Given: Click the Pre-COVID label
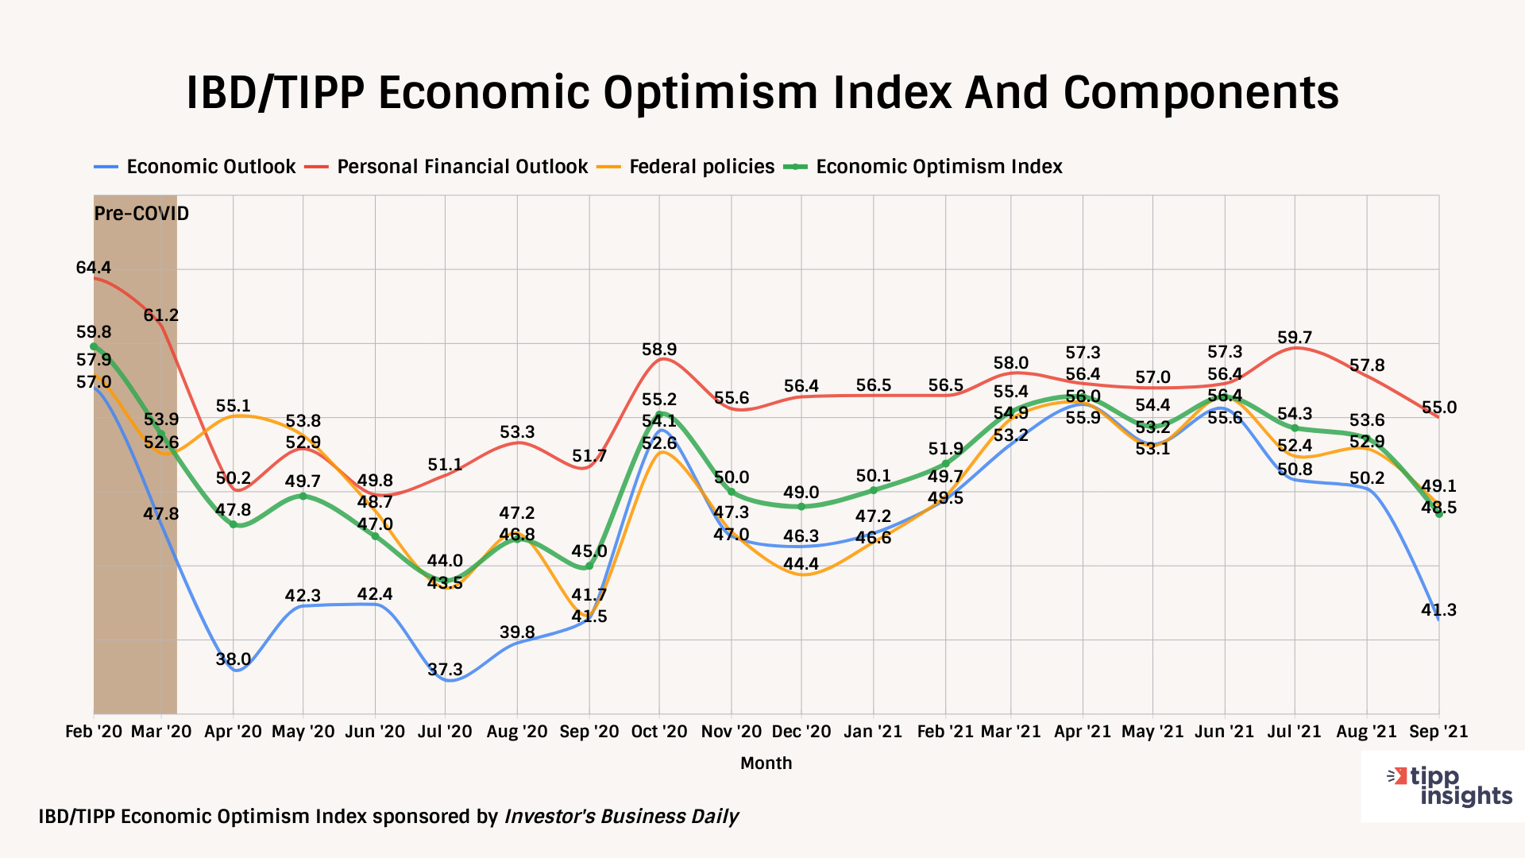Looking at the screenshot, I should [141, 214].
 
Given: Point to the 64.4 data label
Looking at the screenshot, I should [93, 268].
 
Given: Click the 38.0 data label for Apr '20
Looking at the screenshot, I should [234, 659].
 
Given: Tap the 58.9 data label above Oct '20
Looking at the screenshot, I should [659, 350].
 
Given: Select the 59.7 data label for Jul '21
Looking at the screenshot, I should [1295, 338].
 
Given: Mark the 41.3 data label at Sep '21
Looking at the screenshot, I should [1439, 610].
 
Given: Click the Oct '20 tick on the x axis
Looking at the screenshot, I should [659, 732].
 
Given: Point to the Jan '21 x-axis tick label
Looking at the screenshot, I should [874, 732].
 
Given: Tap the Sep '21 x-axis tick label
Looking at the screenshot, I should [1438, 732].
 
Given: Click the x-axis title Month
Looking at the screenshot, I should [766, 763].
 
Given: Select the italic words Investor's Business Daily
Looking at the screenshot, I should [621, 817].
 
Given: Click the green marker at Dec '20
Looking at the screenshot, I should [801, 507].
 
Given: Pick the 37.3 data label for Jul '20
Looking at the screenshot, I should [445, 670].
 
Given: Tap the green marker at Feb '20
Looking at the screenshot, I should [94, 346].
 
